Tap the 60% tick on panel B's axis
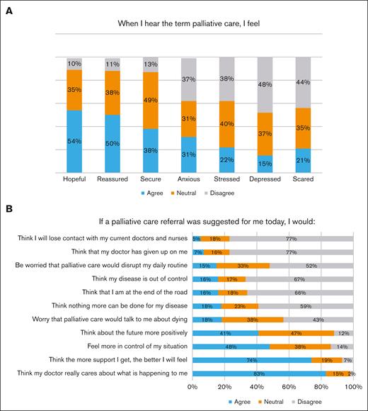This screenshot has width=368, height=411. (x=289, y=387)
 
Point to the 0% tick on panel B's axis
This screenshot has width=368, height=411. (x=192, y=387)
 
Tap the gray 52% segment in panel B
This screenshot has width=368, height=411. (x=311, y=266)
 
